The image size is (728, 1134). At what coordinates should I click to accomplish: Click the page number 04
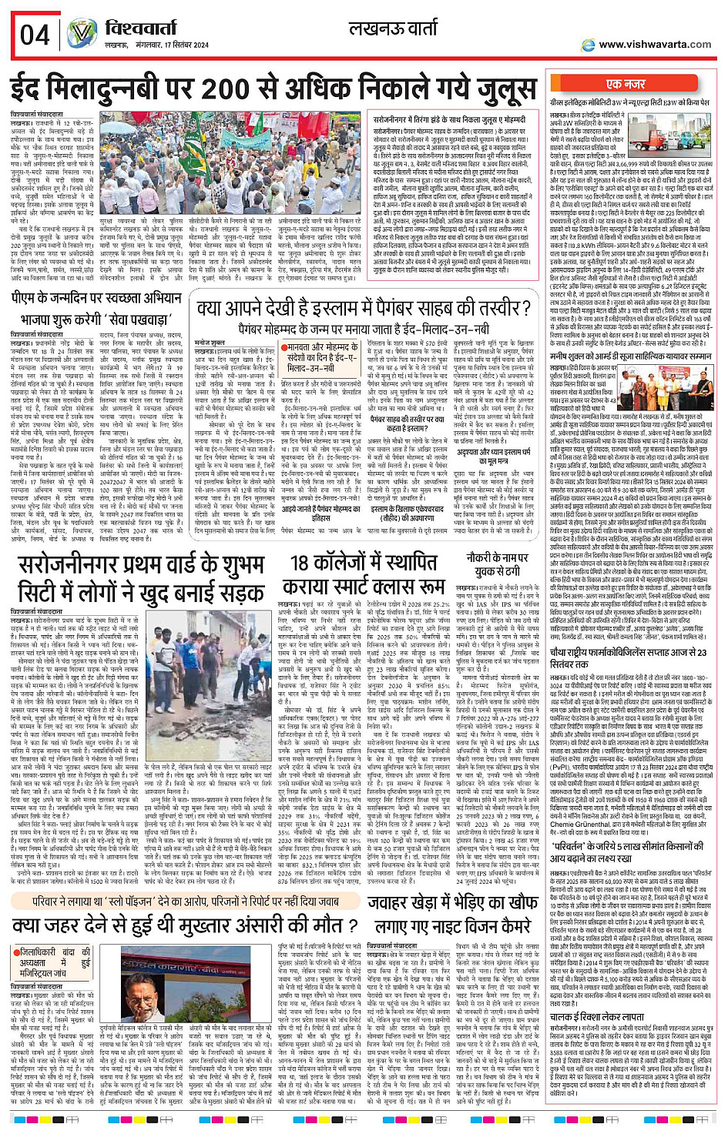pyautogui.click(x=35, y=35)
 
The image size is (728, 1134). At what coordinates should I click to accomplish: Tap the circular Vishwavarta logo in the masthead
pyautogui.click(x=82, y=33)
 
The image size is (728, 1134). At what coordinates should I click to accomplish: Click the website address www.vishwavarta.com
pyautogui.click(x=655, y=44)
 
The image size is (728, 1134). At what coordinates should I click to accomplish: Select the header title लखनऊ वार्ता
pyautogui.click(x=393, y=30)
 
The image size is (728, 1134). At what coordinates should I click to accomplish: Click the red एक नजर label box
pyautogui.click(x=626, y=83)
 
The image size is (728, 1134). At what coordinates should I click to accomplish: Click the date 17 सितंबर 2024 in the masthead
pyautogui.click(x=178, y=45)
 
